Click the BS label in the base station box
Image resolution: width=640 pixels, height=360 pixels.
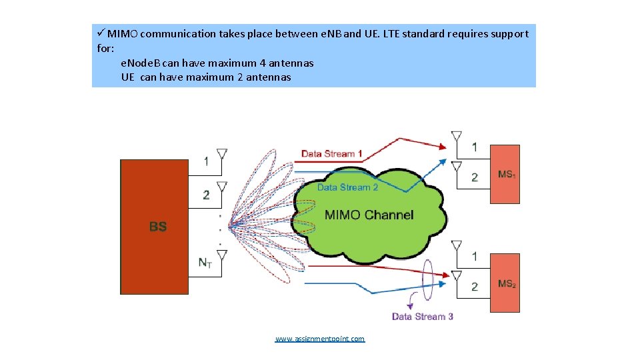coord(158,227)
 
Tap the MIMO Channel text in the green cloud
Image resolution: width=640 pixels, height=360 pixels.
coord(369,215)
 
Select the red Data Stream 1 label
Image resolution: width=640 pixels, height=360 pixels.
coord(332,154)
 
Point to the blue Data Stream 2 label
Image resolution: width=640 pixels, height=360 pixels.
coord(347,187)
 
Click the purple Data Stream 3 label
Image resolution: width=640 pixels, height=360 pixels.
coord(423,316)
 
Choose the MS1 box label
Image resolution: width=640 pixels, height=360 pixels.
coord(507,175)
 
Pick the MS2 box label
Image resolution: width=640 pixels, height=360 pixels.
coord(507,284)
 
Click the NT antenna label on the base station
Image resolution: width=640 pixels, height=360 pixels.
coord(205,263)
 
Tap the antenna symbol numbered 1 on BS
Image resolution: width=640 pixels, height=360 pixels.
coord(222,155)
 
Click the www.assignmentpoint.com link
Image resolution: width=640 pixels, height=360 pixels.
coord(320,339)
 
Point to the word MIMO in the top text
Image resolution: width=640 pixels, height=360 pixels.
coord(123,33)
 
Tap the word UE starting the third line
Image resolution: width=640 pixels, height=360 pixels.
coord(128,77)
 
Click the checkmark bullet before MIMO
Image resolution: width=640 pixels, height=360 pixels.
coord(101,33)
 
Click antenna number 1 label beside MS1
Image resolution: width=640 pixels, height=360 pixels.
coord(475,147)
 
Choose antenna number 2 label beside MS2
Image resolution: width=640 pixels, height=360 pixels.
coord(475,287)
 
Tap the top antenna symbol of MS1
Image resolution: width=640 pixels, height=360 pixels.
coord(457,137)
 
